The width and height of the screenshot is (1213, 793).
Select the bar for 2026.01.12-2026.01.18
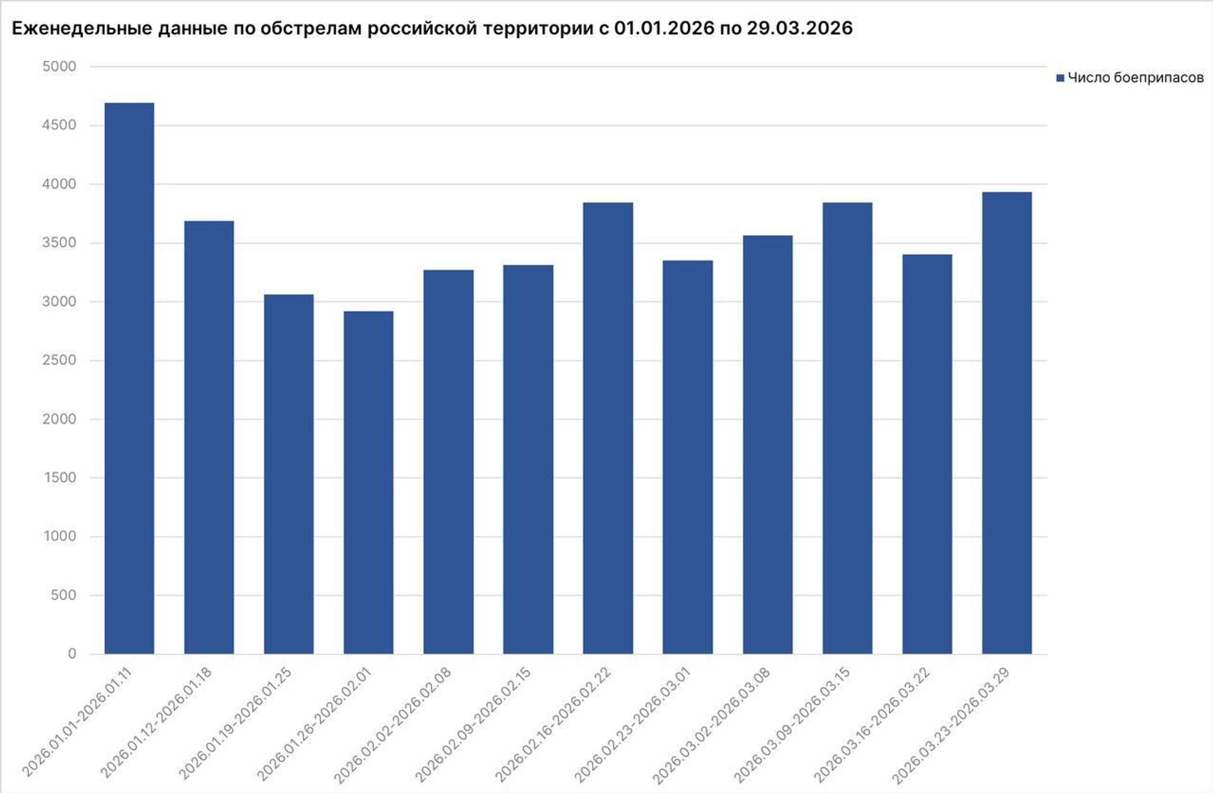[x=208, y=437]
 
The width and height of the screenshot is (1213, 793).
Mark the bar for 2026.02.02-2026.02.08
[x=448, y=462]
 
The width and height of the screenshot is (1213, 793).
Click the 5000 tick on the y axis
[x=59, y=66]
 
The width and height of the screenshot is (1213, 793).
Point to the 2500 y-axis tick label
[x=59, y=360]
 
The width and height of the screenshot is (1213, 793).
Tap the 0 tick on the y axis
[x=72, y=654]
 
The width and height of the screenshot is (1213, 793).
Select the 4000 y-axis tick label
[x=59, y=184]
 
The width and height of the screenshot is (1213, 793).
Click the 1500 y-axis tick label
[x=59, y=477]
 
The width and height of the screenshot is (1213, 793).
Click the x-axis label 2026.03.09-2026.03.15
[x=792, y=725]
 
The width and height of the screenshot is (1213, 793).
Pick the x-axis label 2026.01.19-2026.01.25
[x=235, y=725]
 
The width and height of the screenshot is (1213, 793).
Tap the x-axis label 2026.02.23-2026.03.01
[x=633, y=725]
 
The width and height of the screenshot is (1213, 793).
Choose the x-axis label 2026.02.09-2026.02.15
[x=473, y=725]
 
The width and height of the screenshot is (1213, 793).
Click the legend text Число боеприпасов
[x=1135, y=78]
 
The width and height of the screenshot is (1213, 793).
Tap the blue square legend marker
[x=1060, y=78]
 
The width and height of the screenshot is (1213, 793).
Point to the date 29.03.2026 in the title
[x=799, y=28]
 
